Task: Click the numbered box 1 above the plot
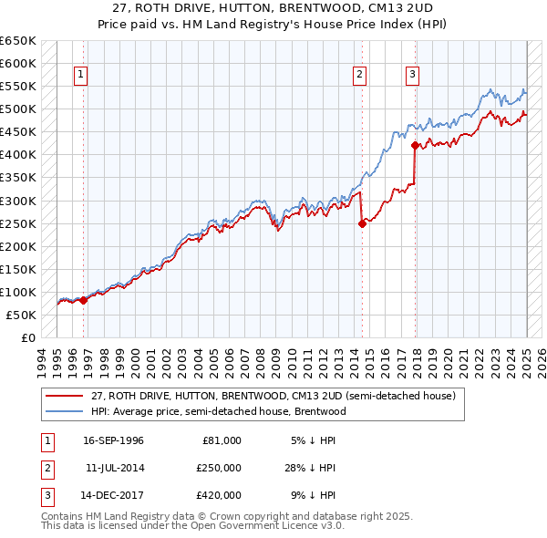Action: [81, 75]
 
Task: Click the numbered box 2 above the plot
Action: [360, 75]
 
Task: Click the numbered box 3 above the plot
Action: [413, 75]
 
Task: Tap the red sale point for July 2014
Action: [362, 223]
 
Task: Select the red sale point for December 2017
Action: [416, 145]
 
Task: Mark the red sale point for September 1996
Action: [83, 300]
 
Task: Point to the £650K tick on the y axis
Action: [19, 41]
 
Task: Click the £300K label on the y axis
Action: [19, 201]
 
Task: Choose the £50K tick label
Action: [23, 315]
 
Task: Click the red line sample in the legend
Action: [65, 396]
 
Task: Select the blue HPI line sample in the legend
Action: [65, 411]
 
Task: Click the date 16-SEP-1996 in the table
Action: [113, 440]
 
